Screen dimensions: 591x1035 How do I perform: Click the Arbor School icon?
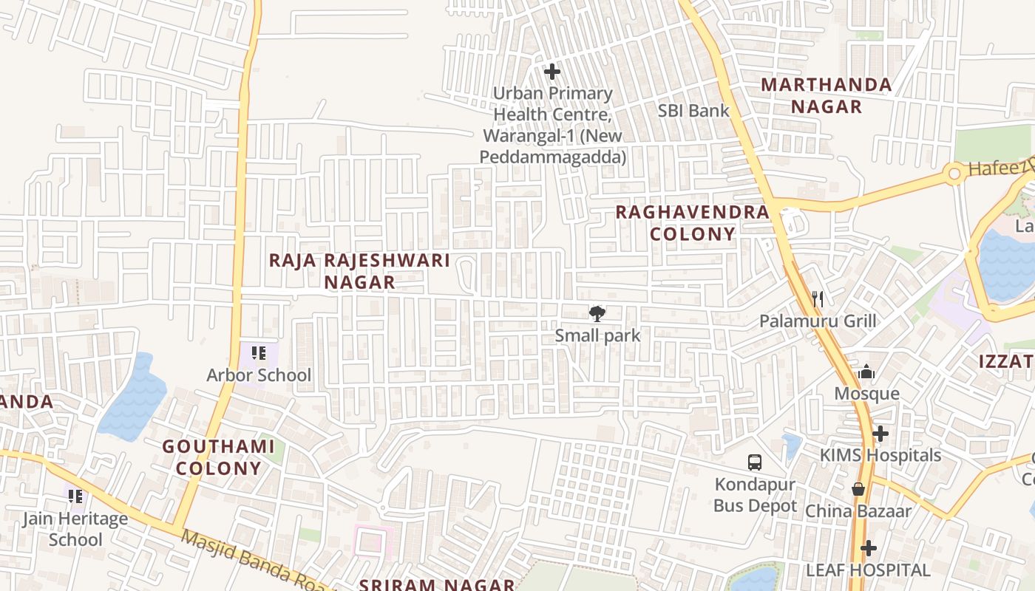(258, 353)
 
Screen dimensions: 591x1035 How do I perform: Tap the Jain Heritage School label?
(75, 529)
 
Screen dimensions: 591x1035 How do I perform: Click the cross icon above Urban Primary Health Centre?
(552, 72)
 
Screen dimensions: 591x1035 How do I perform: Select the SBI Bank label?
(693, 111)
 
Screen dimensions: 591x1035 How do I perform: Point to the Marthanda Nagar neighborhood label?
(827, 95)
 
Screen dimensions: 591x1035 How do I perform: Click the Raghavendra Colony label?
(693, 223)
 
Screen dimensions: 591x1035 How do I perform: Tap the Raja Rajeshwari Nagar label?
(360, 271)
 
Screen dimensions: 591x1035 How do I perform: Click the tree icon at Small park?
(597, 314)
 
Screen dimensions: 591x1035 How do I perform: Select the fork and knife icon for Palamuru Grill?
(818, 299)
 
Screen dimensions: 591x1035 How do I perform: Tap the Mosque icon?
(866, 372)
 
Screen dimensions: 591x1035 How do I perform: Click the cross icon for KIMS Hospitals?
(880, 434)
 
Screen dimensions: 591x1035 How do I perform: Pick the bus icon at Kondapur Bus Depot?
(754, 462)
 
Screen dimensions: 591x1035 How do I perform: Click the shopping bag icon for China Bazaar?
(858, 489)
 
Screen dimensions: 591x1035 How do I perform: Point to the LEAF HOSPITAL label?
(868, 570)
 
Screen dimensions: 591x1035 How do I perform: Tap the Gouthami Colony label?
(218, 457)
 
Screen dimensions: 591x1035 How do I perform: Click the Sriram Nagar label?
(436, 584)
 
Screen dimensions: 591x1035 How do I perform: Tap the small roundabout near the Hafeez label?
(954, 174)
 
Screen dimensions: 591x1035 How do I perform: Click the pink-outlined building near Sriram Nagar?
(370, 542)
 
